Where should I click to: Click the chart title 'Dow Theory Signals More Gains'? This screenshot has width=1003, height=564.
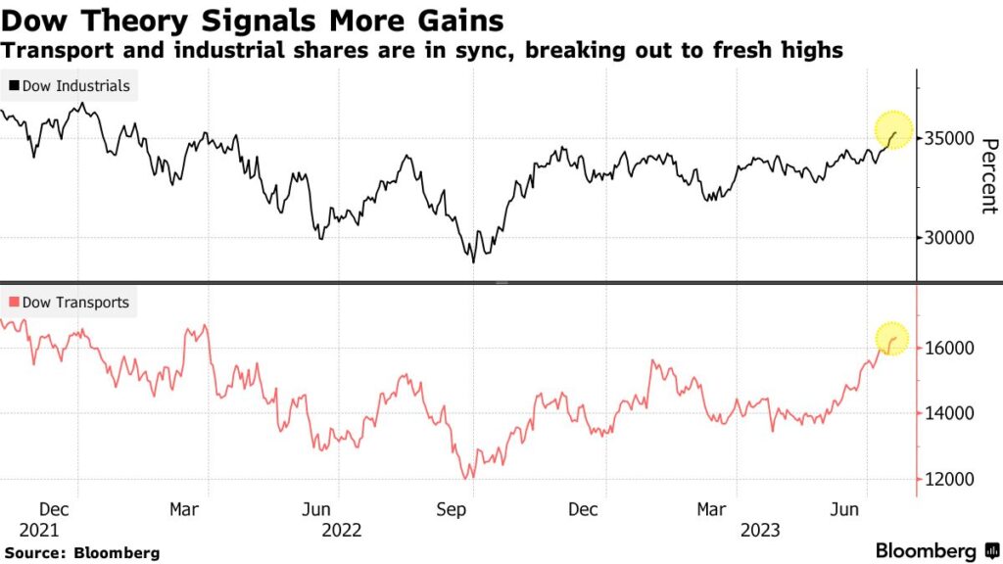pyautogui.click(x=254, y=21)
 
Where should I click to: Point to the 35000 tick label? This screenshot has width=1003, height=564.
pyautogui.click(x=948, y=139)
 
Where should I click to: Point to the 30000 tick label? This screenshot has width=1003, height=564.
pyautogui.click(x=948, y=238)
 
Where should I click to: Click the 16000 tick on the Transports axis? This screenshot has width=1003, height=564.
pyautogui.click(x=948, y=349)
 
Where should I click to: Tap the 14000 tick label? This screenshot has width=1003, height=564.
pyautogui.click(x=948, y=413)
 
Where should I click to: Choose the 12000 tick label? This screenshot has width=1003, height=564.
pyautogui.click(x=948, y=479)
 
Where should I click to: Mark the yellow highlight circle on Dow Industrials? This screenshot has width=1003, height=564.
pyautogui.click(x=893, y=130)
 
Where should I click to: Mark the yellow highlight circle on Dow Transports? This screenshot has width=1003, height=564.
pyautogui.click(x=891, y=339)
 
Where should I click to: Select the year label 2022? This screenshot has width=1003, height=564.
pyautogui.click(x=341, y=530)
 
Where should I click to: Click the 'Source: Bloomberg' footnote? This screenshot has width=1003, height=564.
pyautogui.click(x=81, y=553)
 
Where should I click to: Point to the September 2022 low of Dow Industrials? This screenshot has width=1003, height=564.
pyautogui.click(x=473, y=260)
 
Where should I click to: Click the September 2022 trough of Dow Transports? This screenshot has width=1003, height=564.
pyautogui.click(x=470, y=478)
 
